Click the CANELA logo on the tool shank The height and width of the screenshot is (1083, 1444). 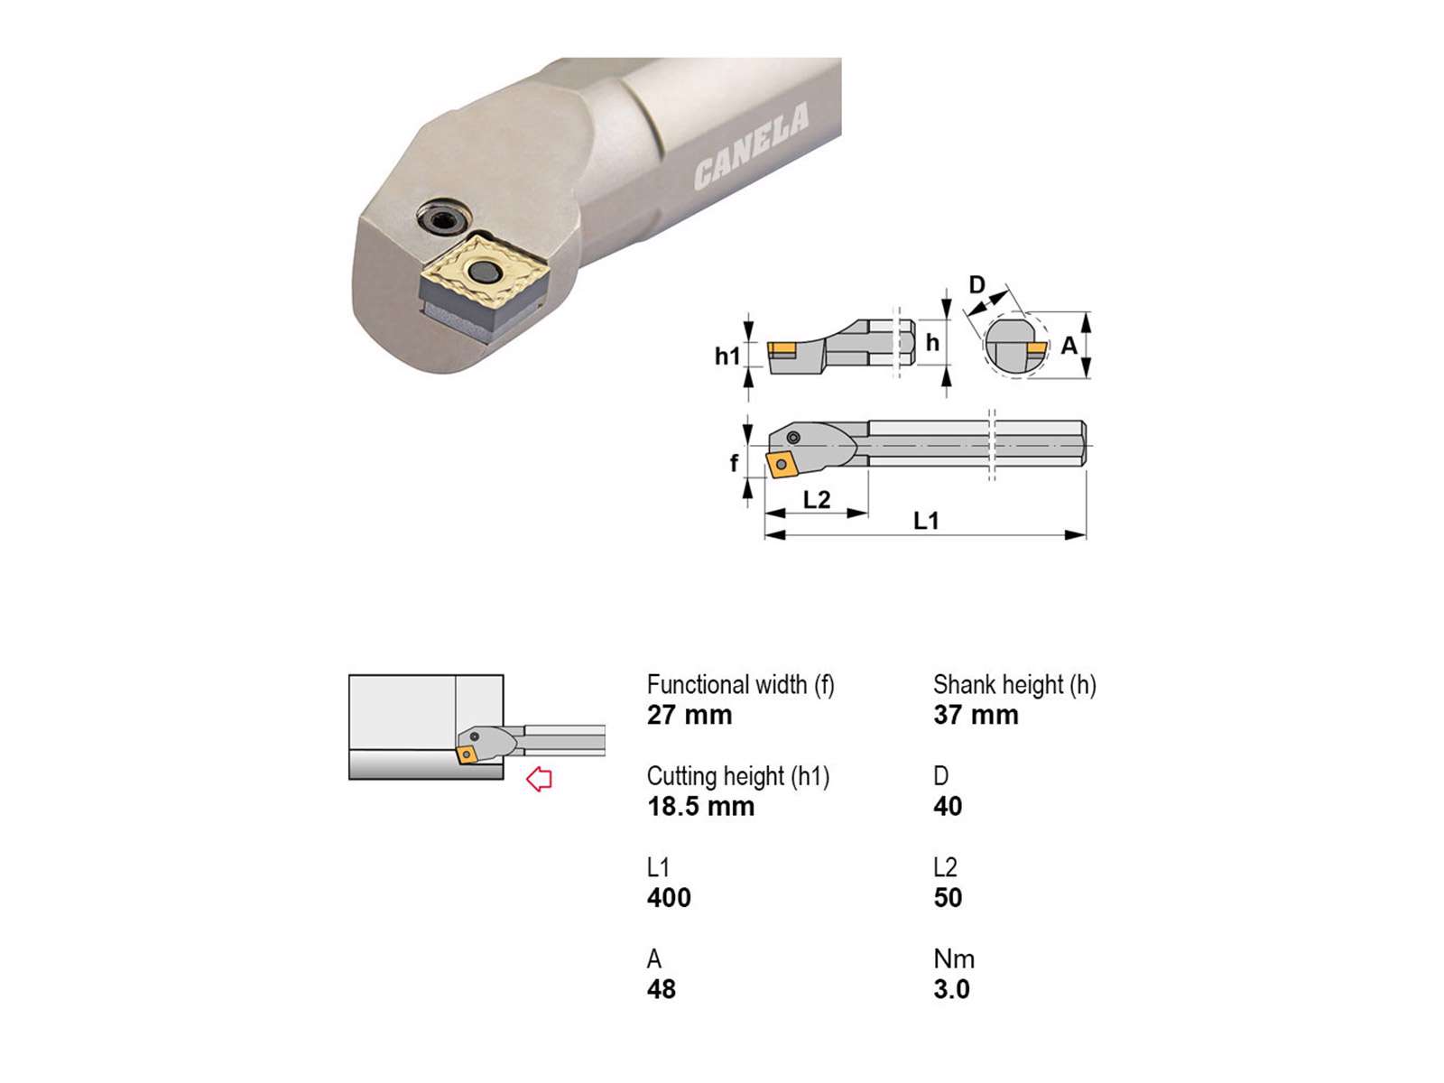[x=751, y=146]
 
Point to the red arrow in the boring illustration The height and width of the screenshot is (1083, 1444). [x=539, y=779]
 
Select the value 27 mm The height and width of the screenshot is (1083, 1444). [x=689, y=715]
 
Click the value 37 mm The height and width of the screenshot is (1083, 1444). [x=976, y=715]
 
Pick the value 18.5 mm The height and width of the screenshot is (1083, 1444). [x=700, y=806]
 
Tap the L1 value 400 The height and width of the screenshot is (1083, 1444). [x=669, y=898]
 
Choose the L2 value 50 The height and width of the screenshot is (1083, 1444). [x=948, y=898]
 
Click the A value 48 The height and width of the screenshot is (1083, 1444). [x=662, y=989]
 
